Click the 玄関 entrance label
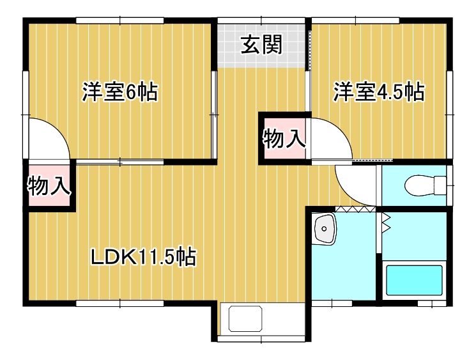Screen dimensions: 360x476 (261, 45)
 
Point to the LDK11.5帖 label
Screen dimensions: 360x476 (142, 257)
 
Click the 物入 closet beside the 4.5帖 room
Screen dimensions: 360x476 (283, 137)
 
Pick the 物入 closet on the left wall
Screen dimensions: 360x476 (49, 186)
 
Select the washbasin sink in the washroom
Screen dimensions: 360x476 (325, 230)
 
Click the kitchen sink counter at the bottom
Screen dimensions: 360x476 (247, 320)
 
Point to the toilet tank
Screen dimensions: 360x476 (441, 184)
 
